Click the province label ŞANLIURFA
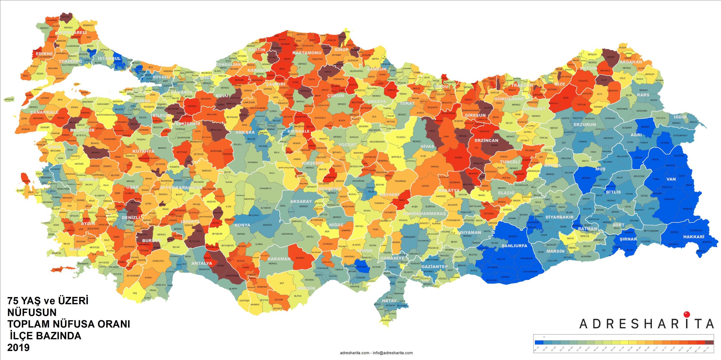(x=514, y=246)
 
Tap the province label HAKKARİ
(x=694, y=237)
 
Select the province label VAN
(x=671, y=179)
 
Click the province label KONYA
(x=242, y=225)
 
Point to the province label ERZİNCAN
(x=486, y=140)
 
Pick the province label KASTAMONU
(x=307, y=53)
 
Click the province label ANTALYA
(x=202, y=263)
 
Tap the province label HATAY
(x=389, y=301)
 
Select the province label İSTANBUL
(x=109, y=58)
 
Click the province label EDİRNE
(x=44, y=54)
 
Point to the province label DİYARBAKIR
(x=559, y=217)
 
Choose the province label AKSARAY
(x=301, y=201)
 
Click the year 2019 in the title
(x=18, y=348)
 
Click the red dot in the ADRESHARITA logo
(x=687, y=314)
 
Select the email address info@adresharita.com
(x=392, y=353)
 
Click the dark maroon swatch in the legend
(x=709, y=342)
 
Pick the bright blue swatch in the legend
(x=539, y=342)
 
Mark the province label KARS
(x=643, y=95)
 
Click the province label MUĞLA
(x=77, y=249)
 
